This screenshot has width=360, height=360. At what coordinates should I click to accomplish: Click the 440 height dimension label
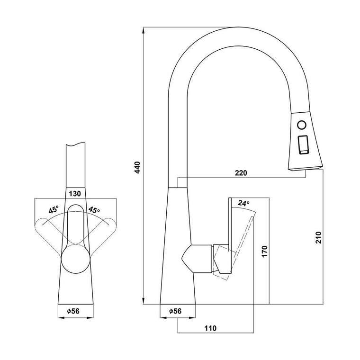pos(137,167)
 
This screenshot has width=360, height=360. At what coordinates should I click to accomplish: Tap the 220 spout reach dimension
pos(241,172)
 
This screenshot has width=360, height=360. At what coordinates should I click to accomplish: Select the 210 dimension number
pos(318,237)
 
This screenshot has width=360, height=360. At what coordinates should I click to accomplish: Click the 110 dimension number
pos(210,328)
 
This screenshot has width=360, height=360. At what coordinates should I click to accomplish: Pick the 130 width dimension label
pos(75,194)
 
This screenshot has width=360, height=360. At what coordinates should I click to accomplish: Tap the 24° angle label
pos(243,203)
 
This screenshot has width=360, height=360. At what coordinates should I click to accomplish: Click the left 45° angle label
pos(54,210)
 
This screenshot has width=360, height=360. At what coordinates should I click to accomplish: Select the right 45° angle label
pos(94,210)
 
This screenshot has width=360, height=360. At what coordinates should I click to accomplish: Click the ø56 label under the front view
pos(73,311)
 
